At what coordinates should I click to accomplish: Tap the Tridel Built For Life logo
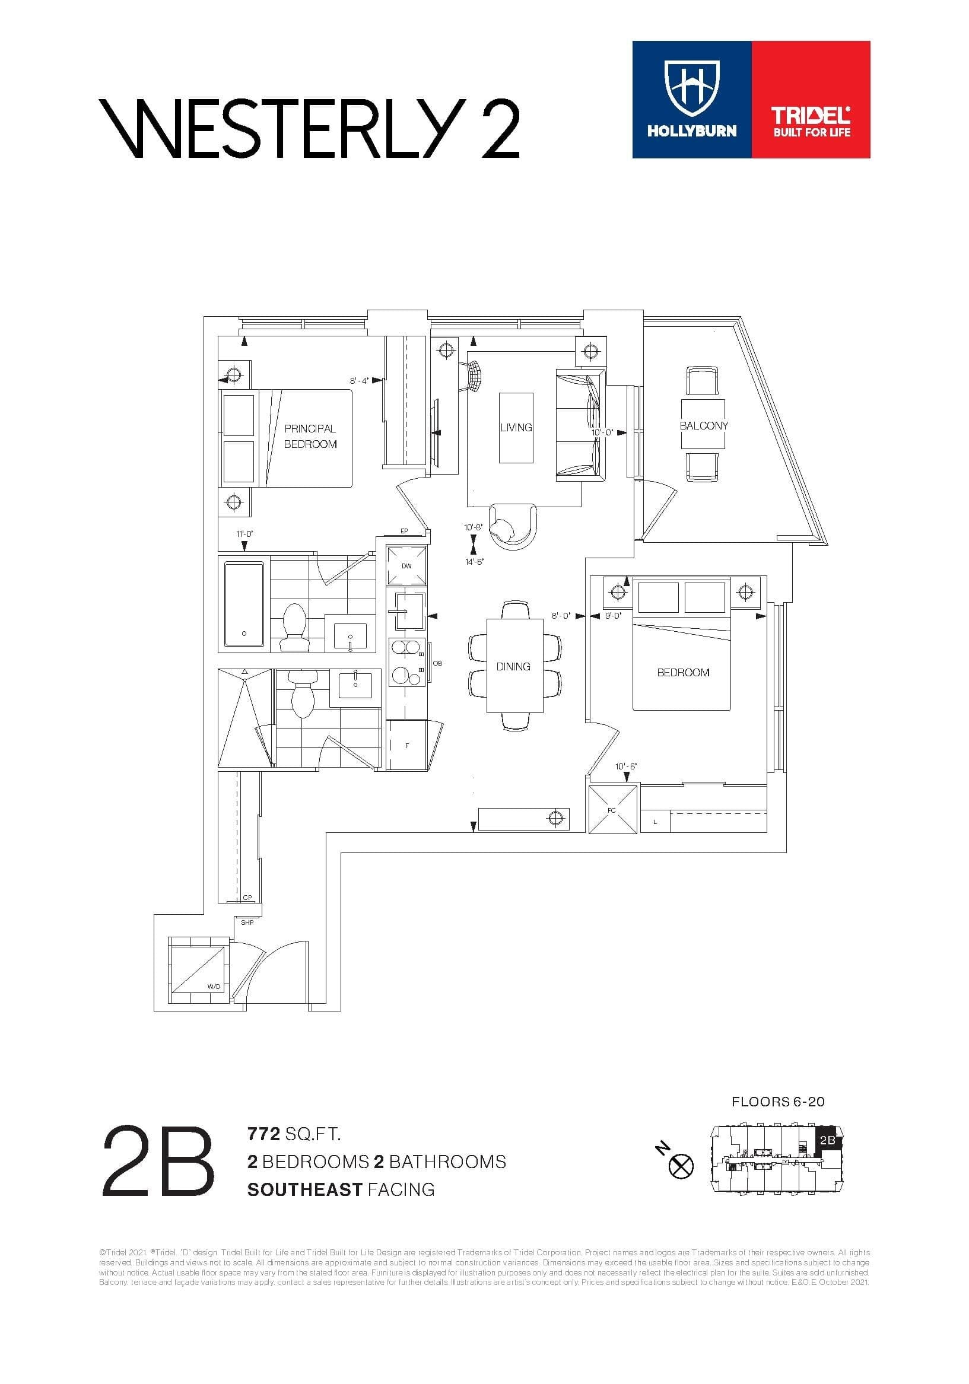(x=811, y=122)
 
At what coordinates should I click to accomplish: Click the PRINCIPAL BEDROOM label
(x=310, y=436)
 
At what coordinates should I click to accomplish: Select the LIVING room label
(x=516, y=427)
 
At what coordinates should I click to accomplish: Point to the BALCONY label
(x=703, y=425)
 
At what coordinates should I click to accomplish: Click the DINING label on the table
(x=513, y=666)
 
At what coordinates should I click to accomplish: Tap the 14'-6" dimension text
(x=475, y=562)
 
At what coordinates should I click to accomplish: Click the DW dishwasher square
(x=406, y=565)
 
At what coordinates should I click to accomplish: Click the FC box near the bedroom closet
(x=612, y=809)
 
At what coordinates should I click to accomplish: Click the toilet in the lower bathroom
(x=303, y=693)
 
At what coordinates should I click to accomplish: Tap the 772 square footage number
(x=263, y=1134)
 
